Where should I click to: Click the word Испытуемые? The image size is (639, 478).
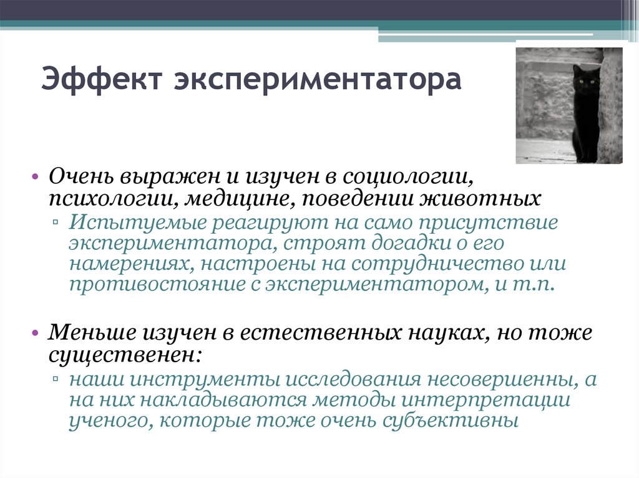point(137,223)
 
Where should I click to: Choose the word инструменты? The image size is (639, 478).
point(197,378)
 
